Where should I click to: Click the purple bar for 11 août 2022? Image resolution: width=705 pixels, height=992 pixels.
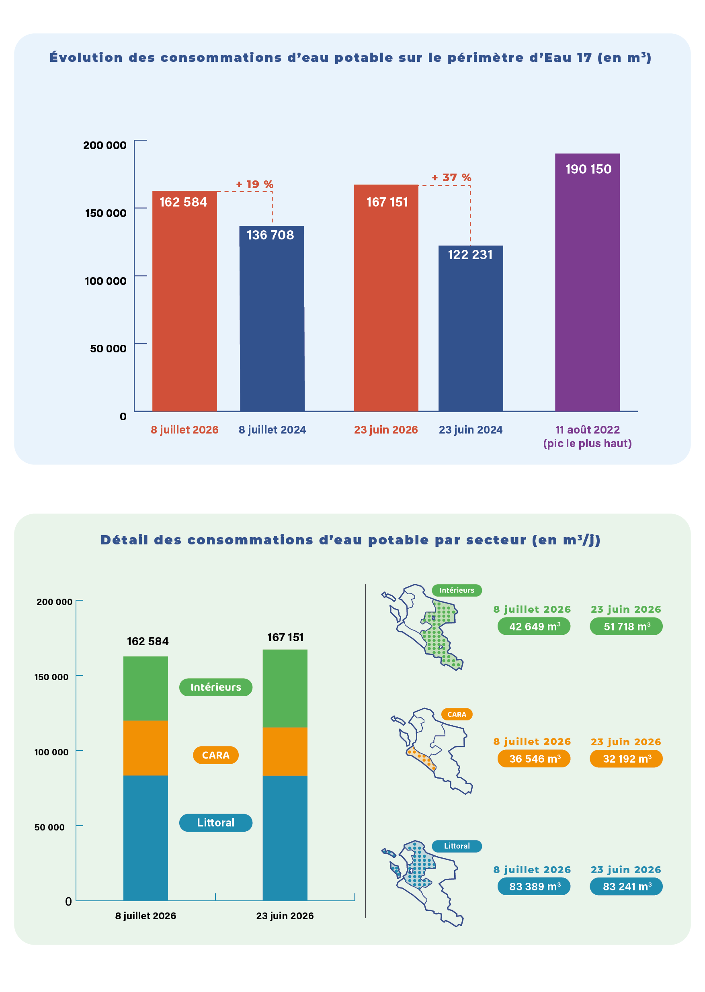tap(587, 282)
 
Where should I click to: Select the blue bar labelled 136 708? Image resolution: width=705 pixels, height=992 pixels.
tap(272, 318)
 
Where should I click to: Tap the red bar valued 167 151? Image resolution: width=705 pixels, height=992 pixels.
tap(386, 298)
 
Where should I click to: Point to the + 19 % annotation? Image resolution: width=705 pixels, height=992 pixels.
tap(254, 184)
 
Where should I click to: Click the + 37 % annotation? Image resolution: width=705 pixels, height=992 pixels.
tap(451, 178)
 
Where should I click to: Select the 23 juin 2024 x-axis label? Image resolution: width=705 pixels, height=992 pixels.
tap(471, 430)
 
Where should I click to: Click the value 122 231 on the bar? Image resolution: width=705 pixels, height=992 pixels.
tap(470, 255)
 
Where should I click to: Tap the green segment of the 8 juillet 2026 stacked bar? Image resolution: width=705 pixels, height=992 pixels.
tap(146, 688)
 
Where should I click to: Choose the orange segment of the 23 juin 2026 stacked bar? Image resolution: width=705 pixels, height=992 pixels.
tap(285, 751)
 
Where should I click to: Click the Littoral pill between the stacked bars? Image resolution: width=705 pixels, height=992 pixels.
tap(216, 822)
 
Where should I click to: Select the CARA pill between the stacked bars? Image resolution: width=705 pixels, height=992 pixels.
tap(216, 755)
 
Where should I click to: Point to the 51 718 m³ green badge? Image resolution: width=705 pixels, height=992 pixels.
tap(626, 626)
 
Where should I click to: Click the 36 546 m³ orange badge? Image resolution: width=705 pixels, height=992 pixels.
tap(534, 759)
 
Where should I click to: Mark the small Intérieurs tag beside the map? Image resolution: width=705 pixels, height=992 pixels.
tap(457, 590)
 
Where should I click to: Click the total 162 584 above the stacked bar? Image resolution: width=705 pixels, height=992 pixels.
tap(148, 641)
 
